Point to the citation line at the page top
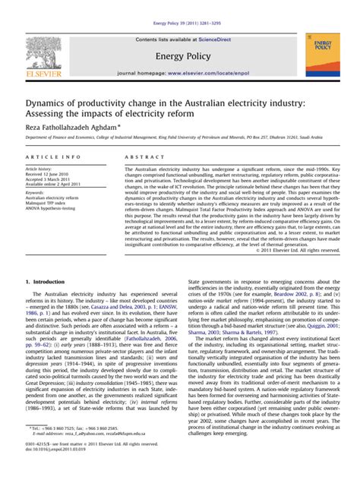click(181, 5)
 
